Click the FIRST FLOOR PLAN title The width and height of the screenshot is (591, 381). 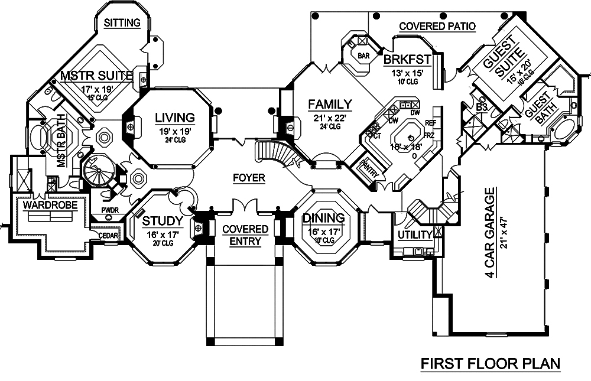pyautogui.click(x=490, y=364)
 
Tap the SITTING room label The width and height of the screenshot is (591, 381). pyautogui.click(x=122, y=23)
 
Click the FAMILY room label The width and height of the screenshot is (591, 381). pyautogui.click(x=330, y=105)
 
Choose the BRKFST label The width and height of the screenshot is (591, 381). pyautogui.click(x=407, y=60)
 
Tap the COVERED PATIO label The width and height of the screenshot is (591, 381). pyautogui.click(x=437, y=26)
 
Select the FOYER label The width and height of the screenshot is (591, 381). pyautogui.click(x=248, y=178)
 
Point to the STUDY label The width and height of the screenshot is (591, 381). pyautogui.click(x=163, y=221)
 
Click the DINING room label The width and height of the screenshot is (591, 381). pyautogui.click(x=323, y=219)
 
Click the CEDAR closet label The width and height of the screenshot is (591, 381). pyautogui.click(x=109, y=236)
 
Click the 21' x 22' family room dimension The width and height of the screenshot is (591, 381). pyautogui.click(x=330, y=118)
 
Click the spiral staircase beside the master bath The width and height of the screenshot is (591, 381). pyautogui.click(x=96, y=171)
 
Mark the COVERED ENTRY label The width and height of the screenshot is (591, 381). pyautogui.click(x=245, y=235)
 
